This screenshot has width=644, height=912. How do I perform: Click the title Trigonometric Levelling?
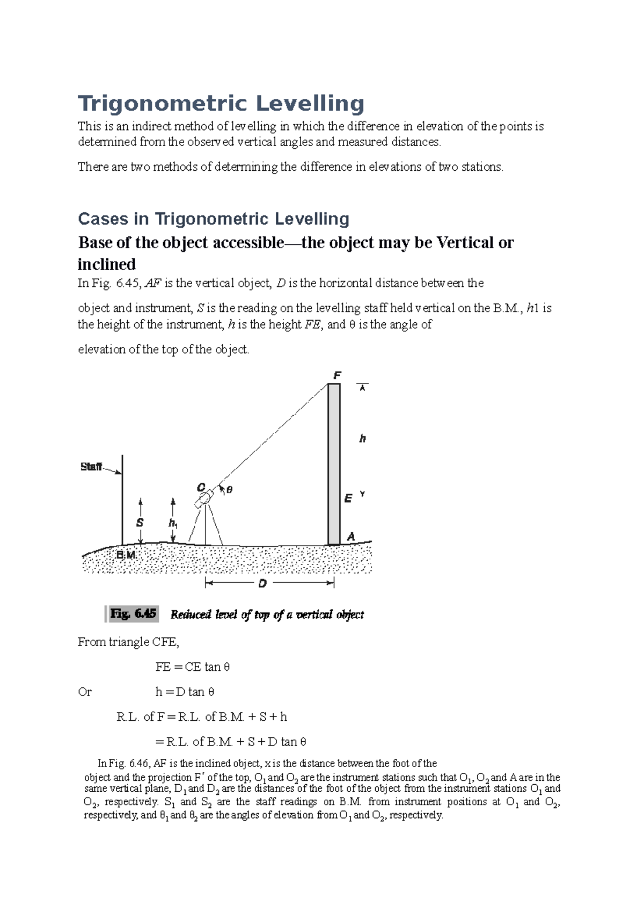[x=221, y=104]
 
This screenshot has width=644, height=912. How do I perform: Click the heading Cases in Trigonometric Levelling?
[x=213, y=219]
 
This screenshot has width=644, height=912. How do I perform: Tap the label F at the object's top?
[x=337, y=375]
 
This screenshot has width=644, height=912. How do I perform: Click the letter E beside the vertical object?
[x=348, y=498]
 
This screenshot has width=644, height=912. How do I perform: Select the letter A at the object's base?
[x=351, y=536]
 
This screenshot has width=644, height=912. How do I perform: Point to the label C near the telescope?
[x=201, y=487]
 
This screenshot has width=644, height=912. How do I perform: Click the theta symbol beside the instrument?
[x=229, y=489]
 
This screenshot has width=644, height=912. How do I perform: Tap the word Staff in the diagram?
[x=91, y=467]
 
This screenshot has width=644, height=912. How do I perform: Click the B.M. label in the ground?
[x=126, y=555]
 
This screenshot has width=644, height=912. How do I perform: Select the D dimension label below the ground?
[x=262, y=583]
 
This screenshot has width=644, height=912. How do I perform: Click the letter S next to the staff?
[x=140, y=523]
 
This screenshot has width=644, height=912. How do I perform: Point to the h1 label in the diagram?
[x=173, y=523]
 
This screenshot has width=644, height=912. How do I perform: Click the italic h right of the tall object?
[x=362, y=439]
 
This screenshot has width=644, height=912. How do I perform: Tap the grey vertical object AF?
[x=334, y=462]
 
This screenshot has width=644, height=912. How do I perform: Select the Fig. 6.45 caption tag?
[x=133, y=613]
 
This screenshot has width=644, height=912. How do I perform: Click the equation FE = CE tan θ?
[x=192, y=667]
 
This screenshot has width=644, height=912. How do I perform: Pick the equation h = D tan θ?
[x=185, y=692]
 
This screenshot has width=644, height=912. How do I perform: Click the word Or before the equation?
[x=85, y=692]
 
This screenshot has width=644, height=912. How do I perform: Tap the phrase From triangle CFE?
[x=128, y=642]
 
